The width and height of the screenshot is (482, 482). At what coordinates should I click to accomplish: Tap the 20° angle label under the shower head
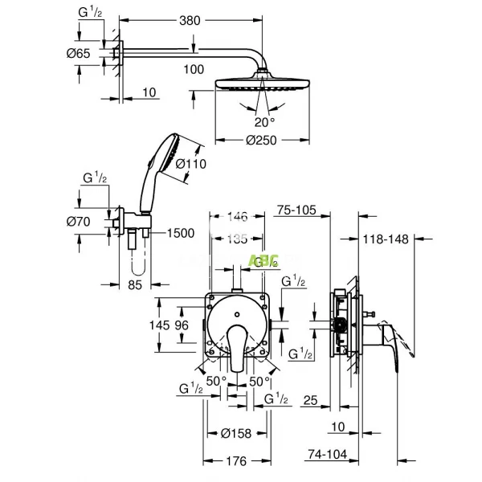[264, 121]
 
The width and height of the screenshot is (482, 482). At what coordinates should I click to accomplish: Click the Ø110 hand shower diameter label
[192, 164]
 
